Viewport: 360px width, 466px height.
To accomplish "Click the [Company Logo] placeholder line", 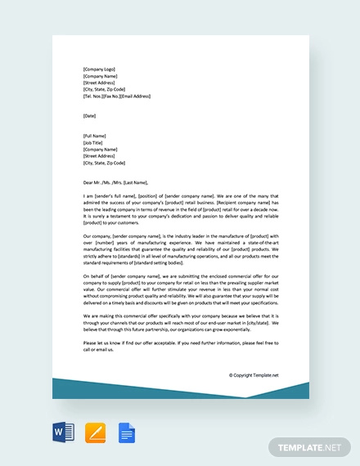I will coord(101,69).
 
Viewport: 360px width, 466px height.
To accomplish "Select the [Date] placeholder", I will coord(89,115).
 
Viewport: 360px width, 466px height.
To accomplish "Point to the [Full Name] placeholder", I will coord(96,135).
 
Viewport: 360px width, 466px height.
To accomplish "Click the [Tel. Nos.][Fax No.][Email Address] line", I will coord(116,96).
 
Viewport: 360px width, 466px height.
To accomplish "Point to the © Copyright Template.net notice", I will coord(254,375).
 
